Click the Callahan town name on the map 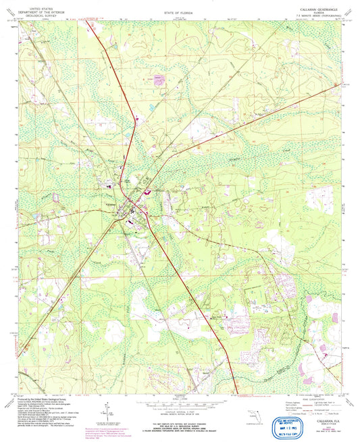point(108,204)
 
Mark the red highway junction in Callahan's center point(140,205)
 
